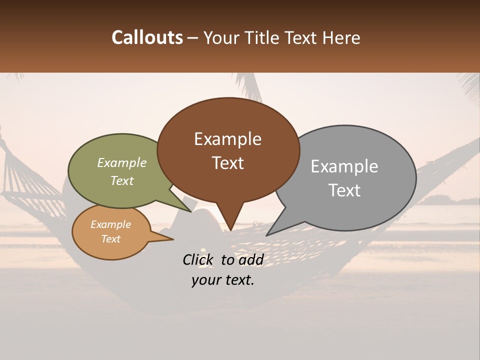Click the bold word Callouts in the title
[147, 37]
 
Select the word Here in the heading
[341, 37]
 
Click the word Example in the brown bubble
[227, 139]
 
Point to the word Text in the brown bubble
[227, 163]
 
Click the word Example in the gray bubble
[344, 166]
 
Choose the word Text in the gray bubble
[344, 190]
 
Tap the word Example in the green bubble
[122, 163]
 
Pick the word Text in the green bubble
[122, 180]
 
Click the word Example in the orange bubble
[110, 224]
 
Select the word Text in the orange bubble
[110, 239]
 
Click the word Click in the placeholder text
[199, 259]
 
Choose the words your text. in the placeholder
[223, 280]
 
